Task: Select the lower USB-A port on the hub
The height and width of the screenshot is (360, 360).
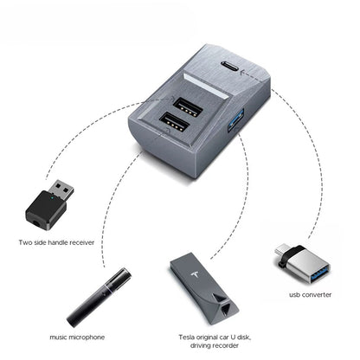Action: [172, 125]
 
